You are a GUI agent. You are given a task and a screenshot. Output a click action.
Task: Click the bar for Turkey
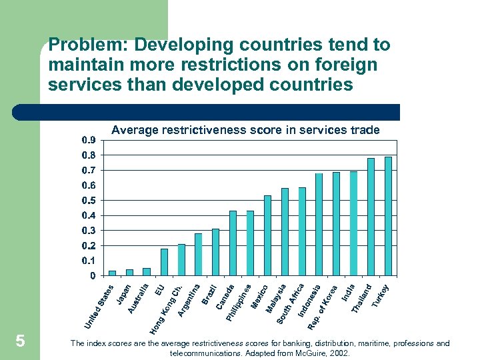click(x=388, y=216)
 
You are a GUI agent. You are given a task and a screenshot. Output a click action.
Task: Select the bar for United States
click(x=112, y=273)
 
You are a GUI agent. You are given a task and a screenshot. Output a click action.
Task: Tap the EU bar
click(x=164, y=262)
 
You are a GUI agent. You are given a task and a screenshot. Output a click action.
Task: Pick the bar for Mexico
click(x=267, y=235)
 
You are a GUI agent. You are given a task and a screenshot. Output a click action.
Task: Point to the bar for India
click(x=353, y=223)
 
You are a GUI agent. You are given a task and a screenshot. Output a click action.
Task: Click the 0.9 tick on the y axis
click(x=88, y=140)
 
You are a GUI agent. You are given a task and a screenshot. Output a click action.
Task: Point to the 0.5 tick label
click(x=88, y=200)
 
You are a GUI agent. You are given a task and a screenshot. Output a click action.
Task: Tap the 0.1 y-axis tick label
click(x=88, y=260)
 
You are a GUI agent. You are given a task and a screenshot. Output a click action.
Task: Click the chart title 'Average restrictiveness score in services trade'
click(x=245, y=131)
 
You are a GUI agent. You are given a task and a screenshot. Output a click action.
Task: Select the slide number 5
click(x=20, y=341)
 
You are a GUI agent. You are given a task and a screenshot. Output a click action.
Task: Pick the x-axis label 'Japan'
click(x=123, y=294)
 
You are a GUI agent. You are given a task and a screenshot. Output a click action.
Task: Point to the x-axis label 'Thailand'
click(x=361, y=297)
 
